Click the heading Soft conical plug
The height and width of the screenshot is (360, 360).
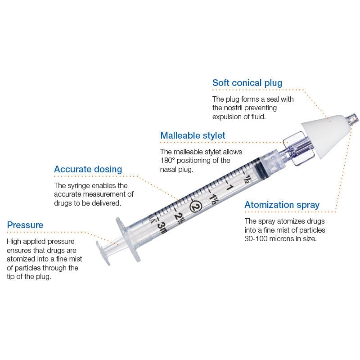click(x=247, y=83)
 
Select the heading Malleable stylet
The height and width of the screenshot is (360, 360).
click(x=193, y=135)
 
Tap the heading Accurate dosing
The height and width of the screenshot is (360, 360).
click(x=88, y=169)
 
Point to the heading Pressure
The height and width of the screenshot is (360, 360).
click(x=25, y=225)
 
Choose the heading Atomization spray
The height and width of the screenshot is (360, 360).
click(x=282, y=205)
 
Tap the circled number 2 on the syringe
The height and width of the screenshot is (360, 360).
click(x=195, y=206)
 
